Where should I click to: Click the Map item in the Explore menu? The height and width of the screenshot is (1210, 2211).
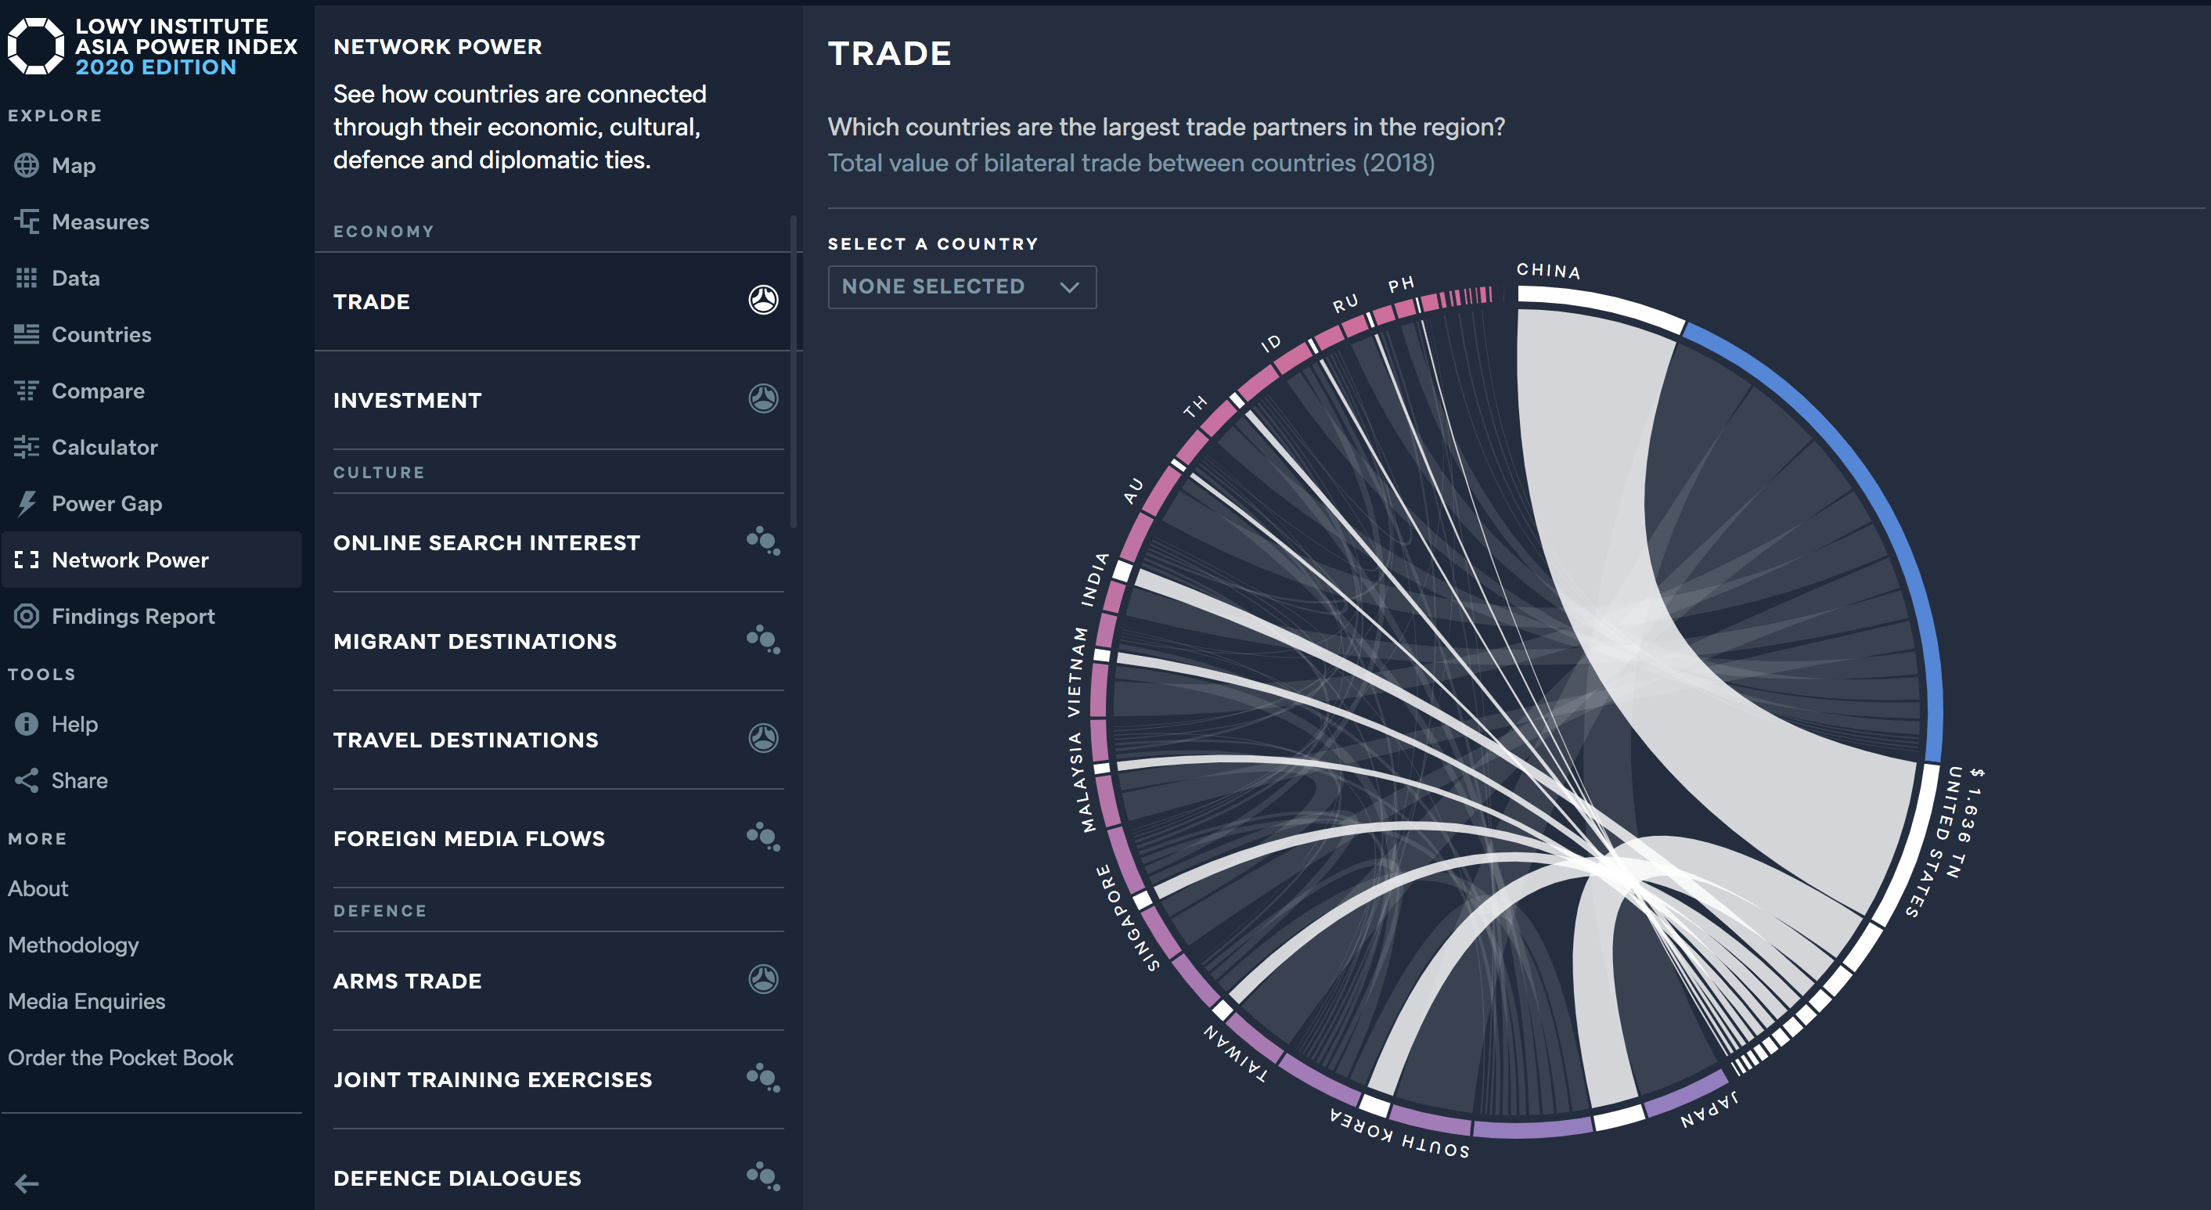click(x=73, y=166)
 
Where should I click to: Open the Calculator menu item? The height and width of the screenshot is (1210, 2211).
click(x=104, y=447)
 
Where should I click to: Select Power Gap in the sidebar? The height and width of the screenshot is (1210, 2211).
click(x=106, y=504)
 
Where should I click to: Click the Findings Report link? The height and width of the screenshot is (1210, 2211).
click(x=133, y=616)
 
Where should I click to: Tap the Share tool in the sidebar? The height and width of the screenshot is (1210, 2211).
click(x=79, y=780)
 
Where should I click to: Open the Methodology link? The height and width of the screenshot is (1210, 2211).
click(x=73, y=945)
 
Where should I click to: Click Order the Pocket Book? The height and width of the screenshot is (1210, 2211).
click(x=121, y=1057)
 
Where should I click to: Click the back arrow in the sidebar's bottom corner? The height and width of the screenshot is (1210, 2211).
click(x=27, y=1184)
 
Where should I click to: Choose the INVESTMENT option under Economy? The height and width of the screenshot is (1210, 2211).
click(x=408, y=400)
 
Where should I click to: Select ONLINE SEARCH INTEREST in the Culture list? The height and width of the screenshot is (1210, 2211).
click(x=486, y=542)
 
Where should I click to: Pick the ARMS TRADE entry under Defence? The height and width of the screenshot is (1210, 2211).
click(x=408, y=981)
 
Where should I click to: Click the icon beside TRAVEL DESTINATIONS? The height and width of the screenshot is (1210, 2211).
click(x=763, y=738)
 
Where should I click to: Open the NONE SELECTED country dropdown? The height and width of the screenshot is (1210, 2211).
click(x=961, y=286)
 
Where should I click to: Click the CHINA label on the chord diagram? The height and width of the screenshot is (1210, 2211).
click(x=1547, y=271)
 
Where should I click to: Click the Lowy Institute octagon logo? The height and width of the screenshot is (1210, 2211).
click(x=35, y=45)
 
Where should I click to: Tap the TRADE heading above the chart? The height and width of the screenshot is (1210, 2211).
click(x=889, y=53)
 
